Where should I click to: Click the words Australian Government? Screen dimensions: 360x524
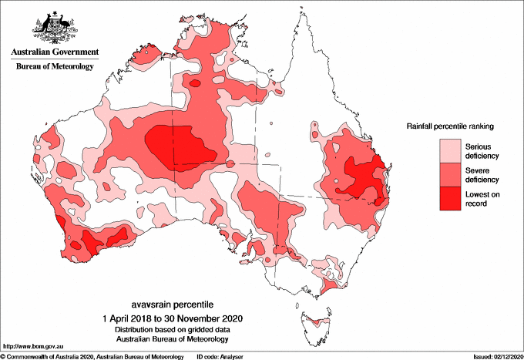click(x=54, y=53)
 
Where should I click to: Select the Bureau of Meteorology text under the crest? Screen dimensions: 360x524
click(x=54, y=67)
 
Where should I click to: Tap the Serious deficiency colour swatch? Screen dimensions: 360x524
click(x=449, y=149)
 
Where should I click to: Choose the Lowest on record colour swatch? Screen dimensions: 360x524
click(x=449, y=198)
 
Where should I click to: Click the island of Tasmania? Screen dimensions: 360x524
click(x=316, y=324)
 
